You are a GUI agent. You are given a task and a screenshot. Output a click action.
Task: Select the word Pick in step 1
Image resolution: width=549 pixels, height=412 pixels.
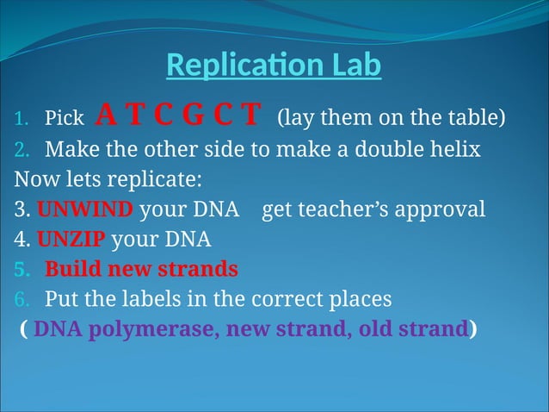pyautogui.click(x=64, y=117)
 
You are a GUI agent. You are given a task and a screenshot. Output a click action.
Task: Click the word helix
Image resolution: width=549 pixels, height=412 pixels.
pyautogui.click(x=453, y=149)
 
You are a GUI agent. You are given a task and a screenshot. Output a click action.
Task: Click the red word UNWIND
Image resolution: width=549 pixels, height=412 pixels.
pyautogui.click(x=85, y=209)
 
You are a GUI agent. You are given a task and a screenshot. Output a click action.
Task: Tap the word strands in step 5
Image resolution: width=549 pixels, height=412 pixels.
pyautogui.click(x=200, y=269)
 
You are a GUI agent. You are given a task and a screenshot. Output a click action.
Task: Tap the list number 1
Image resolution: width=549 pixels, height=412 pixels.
pyautogui.click(x=20, y=117)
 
